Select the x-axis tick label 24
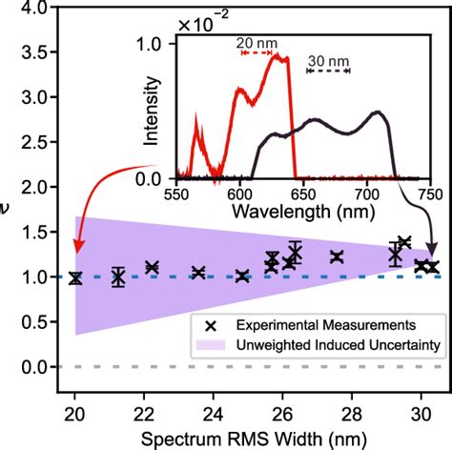tap(214, 415)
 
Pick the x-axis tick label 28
tap(352, 415)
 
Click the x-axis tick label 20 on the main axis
tap(75, 415)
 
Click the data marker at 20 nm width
tap(75, 278)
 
